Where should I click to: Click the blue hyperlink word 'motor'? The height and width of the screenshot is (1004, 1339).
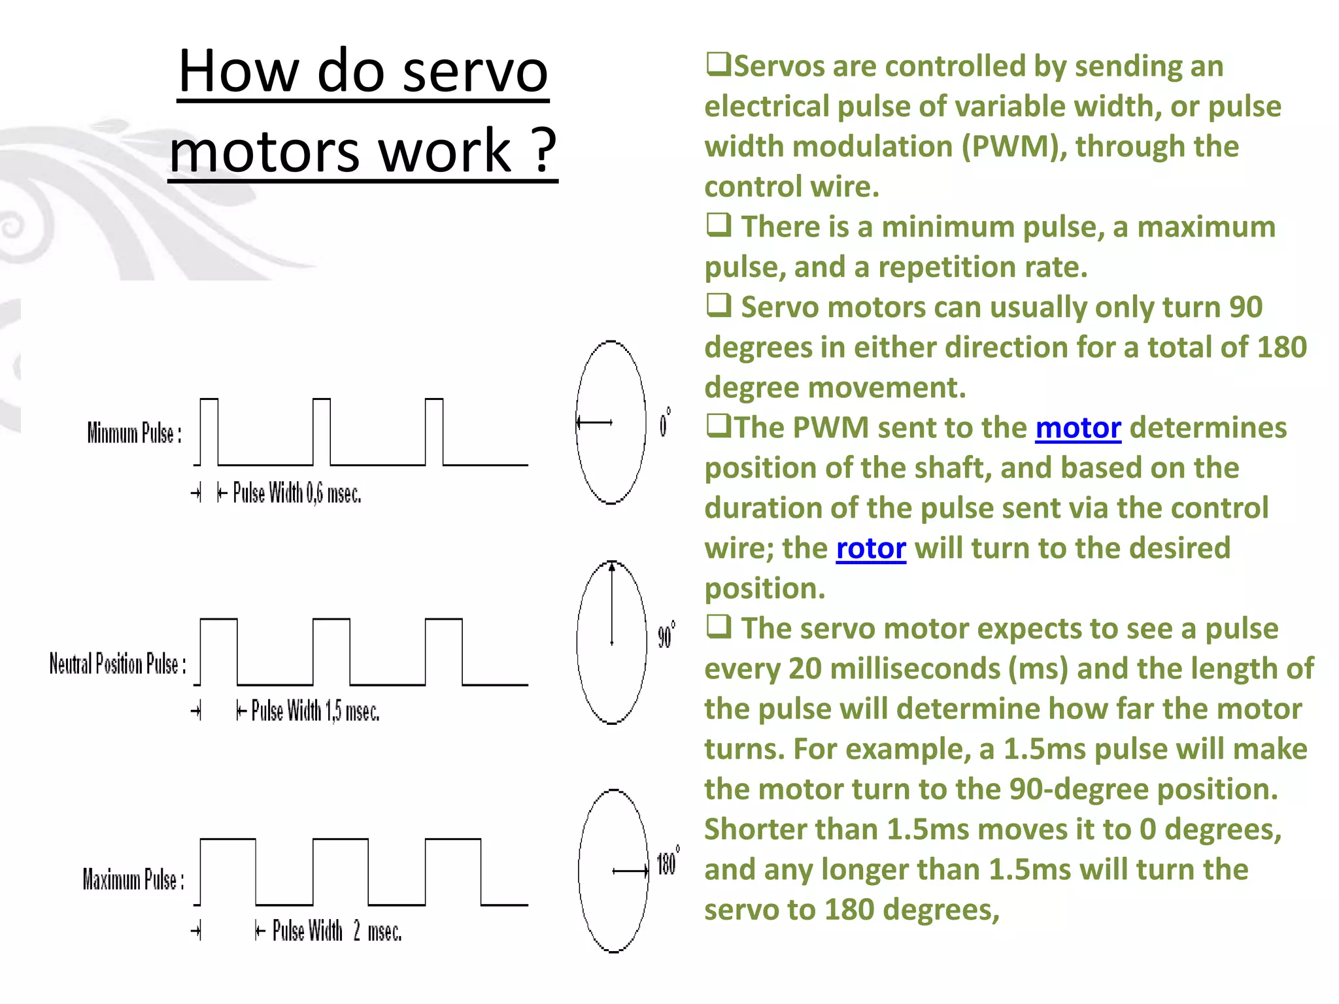click(1077, 428)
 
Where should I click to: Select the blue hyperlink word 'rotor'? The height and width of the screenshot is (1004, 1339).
click(871, 548)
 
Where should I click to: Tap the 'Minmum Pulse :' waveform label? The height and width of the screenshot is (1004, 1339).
click(134, 433)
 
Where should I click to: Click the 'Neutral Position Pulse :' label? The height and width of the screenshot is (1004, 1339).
click(118, 663)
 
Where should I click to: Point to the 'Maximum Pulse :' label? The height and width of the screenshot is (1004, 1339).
click(133, 880)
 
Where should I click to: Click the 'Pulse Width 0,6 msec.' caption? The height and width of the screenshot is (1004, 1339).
click(297, 494)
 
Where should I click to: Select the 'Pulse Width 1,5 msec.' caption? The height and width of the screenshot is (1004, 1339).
click(315, 711)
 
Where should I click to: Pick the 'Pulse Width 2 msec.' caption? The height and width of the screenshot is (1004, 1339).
click(336, 931)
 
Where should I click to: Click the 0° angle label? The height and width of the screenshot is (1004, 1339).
click(664, 423)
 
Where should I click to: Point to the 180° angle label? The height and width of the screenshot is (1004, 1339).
click(668, 863)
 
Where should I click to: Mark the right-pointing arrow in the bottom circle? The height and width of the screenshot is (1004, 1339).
click(630, 871)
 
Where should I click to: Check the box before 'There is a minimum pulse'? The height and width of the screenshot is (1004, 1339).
click(718, 225)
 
